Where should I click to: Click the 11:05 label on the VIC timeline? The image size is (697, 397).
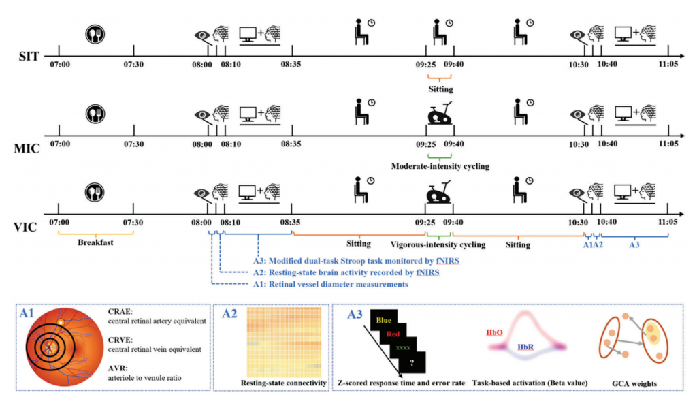click(x=668, y=222)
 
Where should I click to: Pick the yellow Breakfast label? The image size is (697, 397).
click(x=94, y=243)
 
